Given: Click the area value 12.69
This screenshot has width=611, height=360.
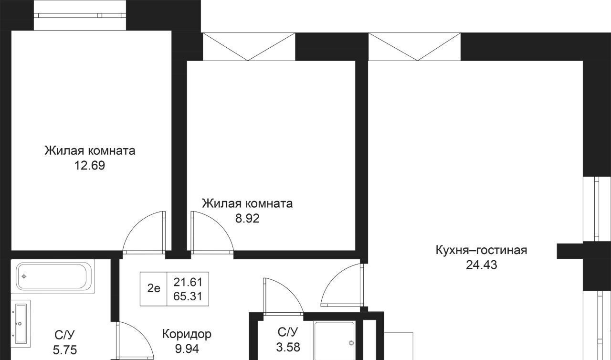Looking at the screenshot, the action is tap(90, 166).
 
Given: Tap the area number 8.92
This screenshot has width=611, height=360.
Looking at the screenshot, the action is tap(247, 219).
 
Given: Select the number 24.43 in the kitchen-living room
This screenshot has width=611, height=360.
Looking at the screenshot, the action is tap(482, 265).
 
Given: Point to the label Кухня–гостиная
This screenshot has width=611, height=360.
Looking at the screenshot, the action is tap(482, 250).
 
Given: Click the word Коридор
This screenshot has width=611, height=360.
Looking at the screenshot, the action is tap(187, 334).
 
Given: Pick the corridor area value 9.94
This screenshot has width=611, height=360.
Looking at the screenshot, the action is tap(187, 349).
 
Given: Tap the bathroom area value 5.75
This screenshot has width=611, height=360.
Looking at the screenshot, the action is tap(65, 350).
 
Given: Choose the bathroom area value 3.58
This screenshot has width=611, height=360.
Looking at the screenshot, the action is tap(288, 347).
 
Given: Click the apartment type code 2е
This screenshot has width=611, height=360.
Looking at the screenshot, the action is tap(154, 288).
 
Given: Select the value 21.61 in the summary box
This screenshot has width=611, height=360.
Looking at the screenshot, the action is tap(188, 282).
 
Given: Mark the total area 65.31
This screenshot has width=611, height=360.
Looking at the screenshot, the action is tap(188, 296).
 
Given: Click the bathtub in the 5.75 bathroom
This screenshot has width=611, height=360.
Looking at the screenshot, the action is tap(53, 276).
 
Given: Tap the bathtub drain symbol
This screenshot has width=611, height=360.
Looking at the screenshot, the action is tap(24, 276).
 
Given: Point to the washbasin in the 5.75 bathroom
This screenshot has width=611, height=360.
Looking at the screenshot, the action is tap(21, 324).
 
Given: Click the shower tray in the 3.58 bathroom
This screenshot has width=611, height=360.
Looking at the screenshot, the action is tap(335, 340).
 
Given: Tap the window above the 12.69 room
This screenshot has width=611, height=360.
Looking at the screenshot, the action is tap(80, 15).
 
